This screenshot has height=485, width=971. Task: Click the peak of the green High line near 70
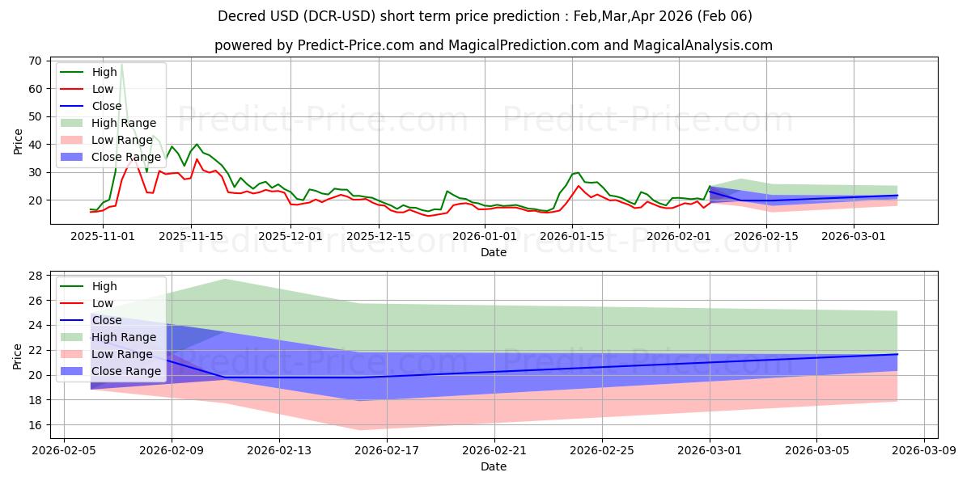[121, 62]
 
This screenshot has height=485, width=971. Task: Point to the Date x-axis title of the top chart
[494, 252]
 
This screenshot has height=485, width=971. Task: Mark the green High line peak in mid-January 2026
[578, 173]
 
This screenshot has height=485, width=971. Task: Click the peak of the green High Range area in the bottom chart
[225, 279]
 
